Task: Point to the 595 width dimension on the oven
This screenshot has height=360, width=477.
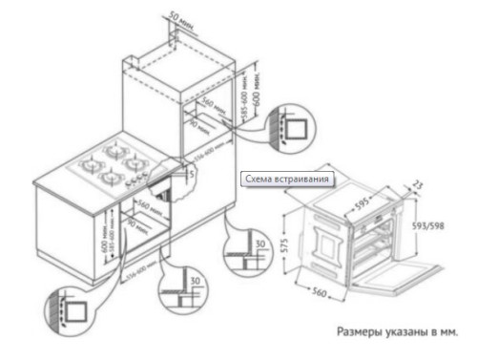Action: point(362,203)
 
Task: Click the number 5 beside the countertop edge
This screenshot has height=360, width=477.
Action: point(191,175)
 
